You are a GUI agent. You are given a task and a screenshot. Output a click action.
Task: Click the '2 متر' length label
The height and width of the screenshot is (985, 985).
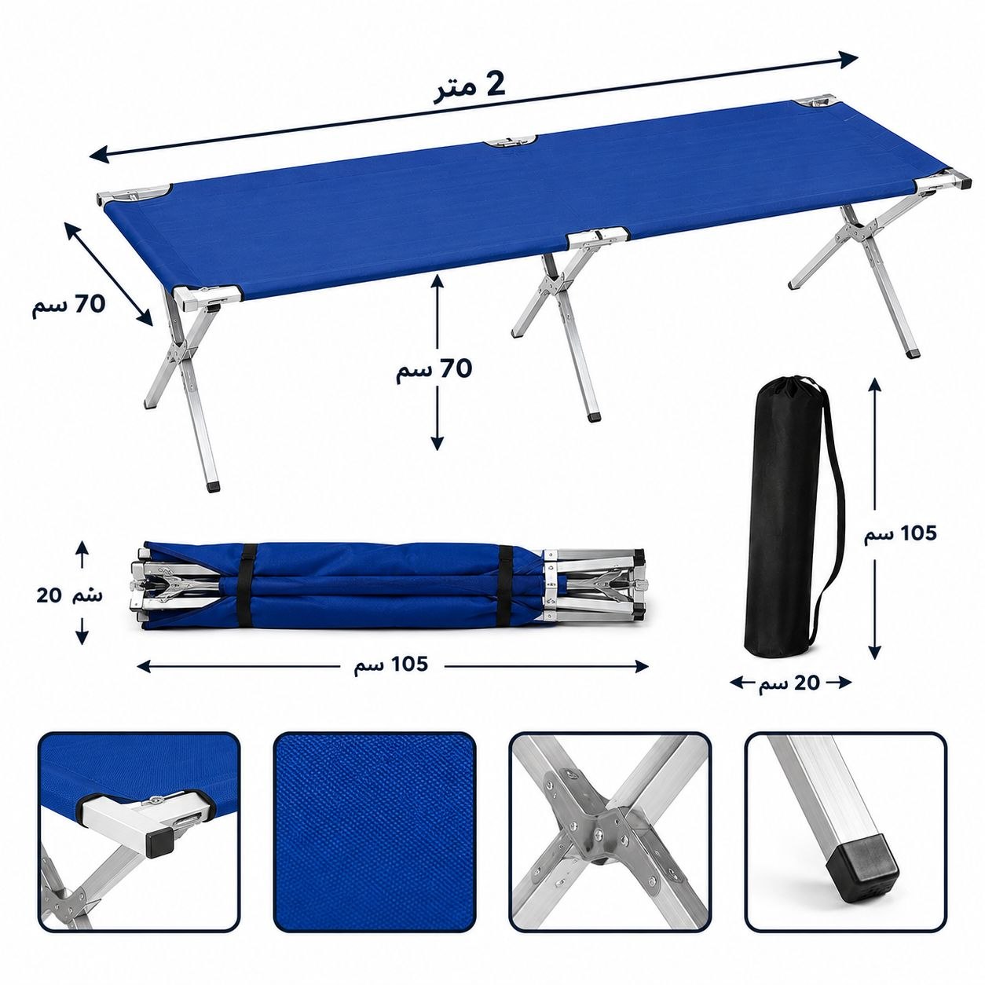point(469,89)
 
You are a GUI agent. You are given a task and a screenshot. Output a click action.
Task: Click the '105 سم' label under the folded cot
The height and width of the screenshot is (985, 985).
point(391,665)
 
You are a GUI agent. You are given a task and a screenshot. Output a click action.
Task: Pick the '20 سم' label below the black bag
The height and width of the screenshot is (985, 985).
point(789,683)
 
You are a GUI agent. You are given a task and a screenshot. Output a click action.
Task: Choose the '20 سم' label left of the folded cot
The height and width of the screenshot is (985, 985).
point(69,595)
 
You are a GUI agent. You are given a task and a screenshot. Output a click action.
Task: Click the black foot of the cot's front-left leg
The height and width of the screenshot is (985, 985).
point(213,483)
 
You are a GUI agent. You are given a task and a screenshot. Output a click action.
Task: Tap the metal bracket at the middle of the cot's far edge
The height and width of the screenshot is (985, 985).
point(511,141)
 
